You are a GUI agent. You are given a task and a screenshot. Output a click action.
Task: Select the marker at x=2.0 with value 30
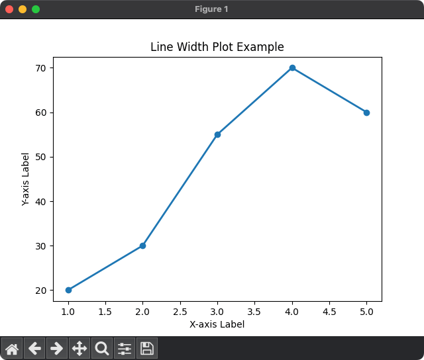click(x=142, y=246)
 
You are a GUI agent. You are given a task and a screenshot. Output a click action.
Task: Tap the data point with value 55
click(x=217, y=134)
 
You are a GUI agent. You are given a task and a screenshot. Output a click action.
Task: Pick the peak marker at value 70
click(x=292, y=68)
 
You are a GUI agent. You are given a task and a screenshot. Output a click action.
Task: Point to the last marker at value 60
click(x=366, y=112)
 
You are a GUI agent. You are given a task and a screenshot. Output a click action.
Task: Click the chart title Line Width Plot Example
click(x=217, y=47)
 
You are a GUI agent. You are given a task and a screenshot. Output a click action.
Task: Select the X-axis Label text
click(x=217, y=324)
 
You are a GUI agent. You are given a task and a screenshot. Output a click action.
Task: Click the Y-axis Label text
click(x=26, y=179)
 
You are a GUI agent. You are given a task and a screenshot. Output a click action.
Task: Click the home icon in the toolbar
click(x=12, y=348)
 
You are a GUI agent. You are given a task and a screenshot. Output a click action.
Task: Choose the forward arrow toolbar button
click(x=57, y=348)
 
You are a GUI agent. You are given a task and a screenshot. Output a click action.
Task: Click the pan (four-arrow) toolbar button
click(x=79, y=348)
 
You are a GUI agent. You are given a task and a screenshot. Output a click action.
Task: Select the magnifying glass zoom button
click(x=102, y=348)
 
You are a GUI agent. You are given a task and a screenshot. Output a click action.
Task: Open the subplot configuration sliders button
click(x=125, y=348)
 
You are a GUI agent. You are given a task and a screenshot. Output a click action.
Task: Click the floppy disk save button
click(x=147, y=348)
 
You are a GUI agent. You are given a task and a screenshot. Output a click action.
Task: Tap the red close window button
click(x=9, y=9)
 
